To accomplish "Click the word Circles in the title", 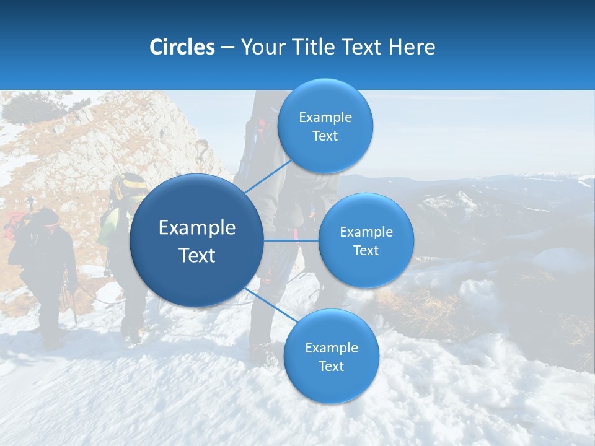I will point(182,47).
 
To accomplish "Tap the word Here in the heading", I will point(412,47).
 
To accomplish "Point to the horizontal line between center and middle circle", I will point(291,240).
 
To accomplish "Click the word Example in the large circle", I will point(197,228).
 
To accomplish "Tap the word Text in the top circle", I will point(325,136).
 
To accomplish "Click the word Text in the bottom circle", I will point(331,367).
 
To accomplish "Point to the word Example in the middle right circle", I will point(366,232).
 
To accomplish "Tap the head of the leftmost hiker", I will point(45,218).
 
